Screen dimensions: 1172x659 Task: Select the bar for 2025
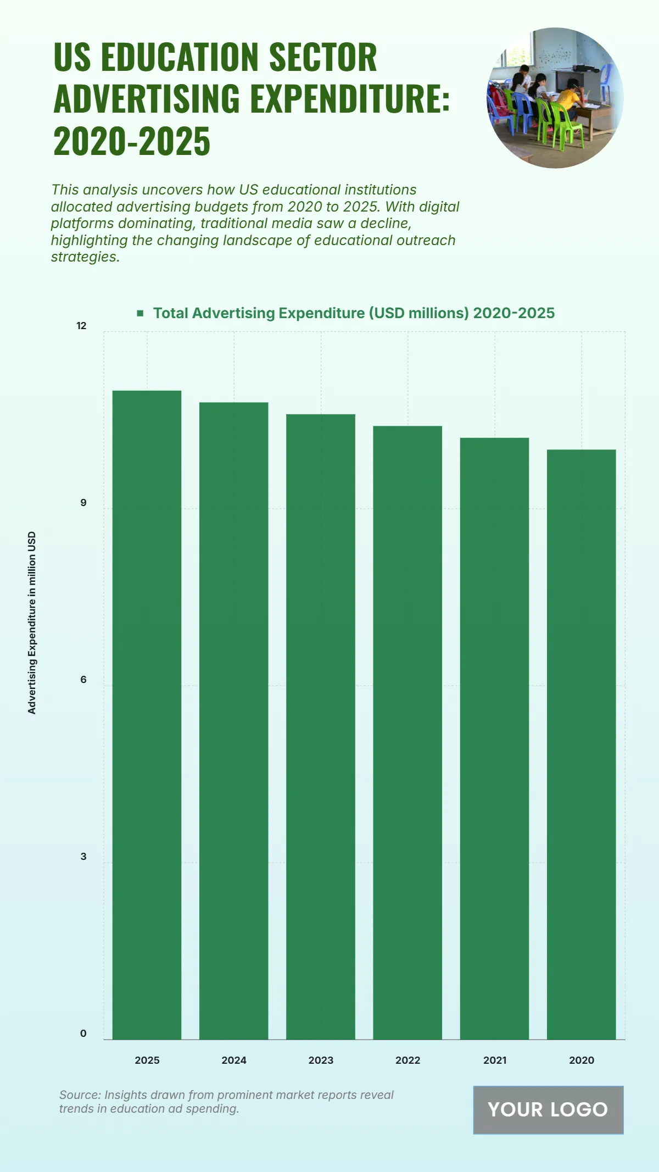pyautogui.click(x=147, y=714)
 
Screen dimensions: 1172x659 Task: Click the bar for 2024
pyautogui.click(x=233, y=720)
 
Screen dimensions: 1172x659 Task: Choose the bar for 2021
pyautogui.click(x=494, y=738)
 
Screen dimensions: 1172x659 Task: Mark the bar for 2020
pyautogui.click(x=581, y=745)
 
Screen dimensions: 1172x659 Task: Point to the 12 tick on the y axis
pyautogui.click(x=81, y=326)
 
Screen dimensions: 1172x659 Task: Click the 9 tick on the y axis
pyautogui.click(x=83, y=503)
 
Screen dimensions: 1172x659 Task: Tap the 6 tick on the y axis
pyautogui.click(x=83, y=680)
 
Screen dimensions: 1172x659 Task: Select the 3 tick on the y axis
pyautogui.click(x=83, y=857)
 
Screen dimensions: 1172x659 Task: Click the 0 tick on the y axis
pyautogui.click(x=83, y=1034)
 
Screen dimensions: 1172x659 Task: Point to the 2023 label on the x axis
pyautogui.click(x=321, y=1060)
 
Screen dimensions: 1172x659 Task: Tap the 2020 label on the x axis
pyautogui.click(x=581, y=1060)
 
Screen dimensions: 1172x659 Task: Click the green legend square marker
pyautogui.click(x=141, y=313)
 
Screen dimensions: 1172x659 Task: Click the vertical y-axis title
pyautogui.click(x=32, y=623)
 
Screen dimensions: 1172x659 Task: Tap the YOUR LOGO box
pyautogui.click(x=548, y=1109)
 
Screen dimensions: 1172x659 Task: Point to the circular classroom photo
pyautogui.click(x=555, y=98)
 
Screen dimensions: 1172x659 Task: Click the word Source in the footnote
pyautogui.click(x=79, y=1095)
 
